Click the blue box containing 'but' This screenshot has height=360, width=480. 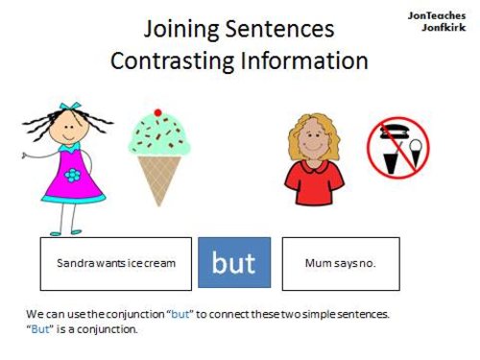pos(234,263)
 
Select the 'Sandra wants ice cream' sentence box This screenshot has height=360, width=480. pos(116,263)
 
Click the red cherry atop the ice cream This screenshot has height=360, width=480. pos(158,113)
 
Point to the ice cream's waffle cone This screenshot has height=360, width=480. pos(159,178)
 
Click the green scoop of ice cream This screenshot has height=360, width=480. pos(159,135)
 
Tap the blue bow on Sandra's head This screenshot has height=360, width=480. pos(70,108)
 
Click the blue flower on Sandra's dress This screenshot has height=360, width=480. pos(72,175)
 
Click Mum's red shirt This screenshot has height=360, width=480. pos(314,181)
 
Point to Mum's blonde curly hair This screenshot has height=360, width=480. pos(314,126)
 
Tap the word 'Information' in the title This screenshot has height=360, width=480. pos(302,60)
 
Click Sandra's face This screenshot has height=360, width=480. pos(70,128)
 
